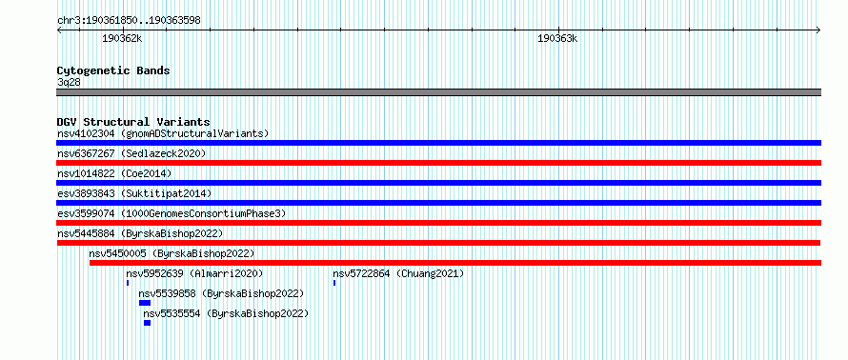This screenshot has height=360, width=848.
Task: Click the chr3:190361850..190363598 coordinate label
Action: [x=129, y=21]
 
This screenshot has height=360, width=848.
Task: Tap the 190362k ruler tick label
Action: [x=122, y=38]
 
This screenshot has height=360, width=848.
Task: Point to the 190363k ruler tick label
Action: [x=557, y=38]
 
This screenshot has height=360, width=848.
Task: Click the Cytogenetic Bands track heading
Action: [x=113, y=70]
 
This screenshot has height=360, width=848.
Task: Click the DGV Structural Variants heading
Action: [x=133, y=122]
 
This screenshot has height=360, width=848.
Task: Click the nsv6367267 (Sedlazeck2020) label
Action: [x=131, y=153]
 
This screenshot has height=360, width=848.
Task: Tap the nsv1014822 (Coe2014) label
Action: [x=114, y=173]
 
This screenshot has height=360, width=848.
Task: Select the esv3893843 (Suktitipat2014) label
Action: [x=134, y=193]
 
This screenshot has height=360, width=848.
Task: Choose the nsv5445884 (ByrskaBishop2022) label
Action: [x=140, y=233]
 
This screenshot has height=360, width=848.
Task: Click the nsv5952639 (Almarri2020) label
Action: [x=194, y=273]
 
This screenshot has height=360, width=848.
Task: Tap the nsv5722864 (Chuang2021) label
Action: [x=398, y=273]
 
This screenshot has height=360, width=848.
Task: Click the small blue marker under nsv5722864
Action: [x=334, y=283]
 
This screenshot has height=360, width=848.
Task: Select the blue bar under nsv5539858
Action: [x=145, y=303]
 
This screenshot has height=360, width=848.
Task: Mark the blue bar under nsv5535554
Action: [x=147, y=323]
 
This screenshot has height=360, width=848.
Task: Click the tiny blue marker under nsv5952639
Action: [x=128, y=283]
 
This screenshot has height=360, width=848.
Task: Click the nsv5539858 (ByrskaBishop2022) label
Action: [x=221, y=293]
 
